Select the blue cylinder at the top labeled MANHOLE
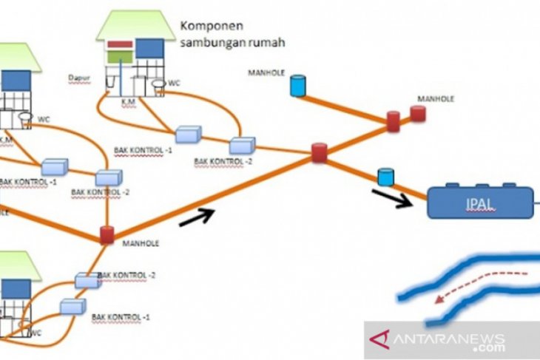[x=297, y=85]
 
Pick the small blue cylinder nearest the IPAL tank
[x=385, y=177]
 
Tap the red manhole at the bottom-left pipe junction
[x=107, y=235]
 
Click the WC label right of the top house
[x=174, y=83]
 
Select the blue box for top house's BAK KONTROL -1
[x=188, y=134]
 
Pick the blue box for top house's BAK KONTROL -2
[x=241, y=145]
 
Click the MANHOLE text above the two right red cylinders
[x=436, y=98]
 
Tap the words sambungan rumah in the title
[x=233, y=43]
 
